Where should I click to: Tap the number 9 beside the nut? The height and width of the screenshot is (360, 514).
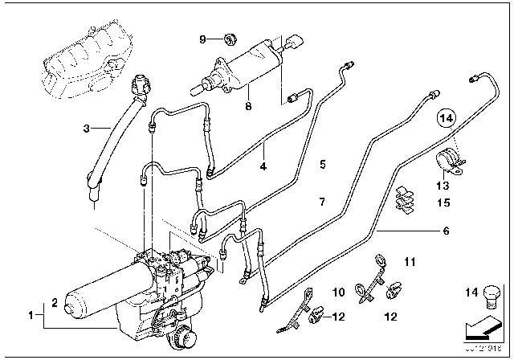pyautogui.click(x=202, y=39)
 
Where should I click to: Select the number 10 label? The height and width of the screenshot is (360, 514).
pyautogui.click(x=337, y=292)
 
